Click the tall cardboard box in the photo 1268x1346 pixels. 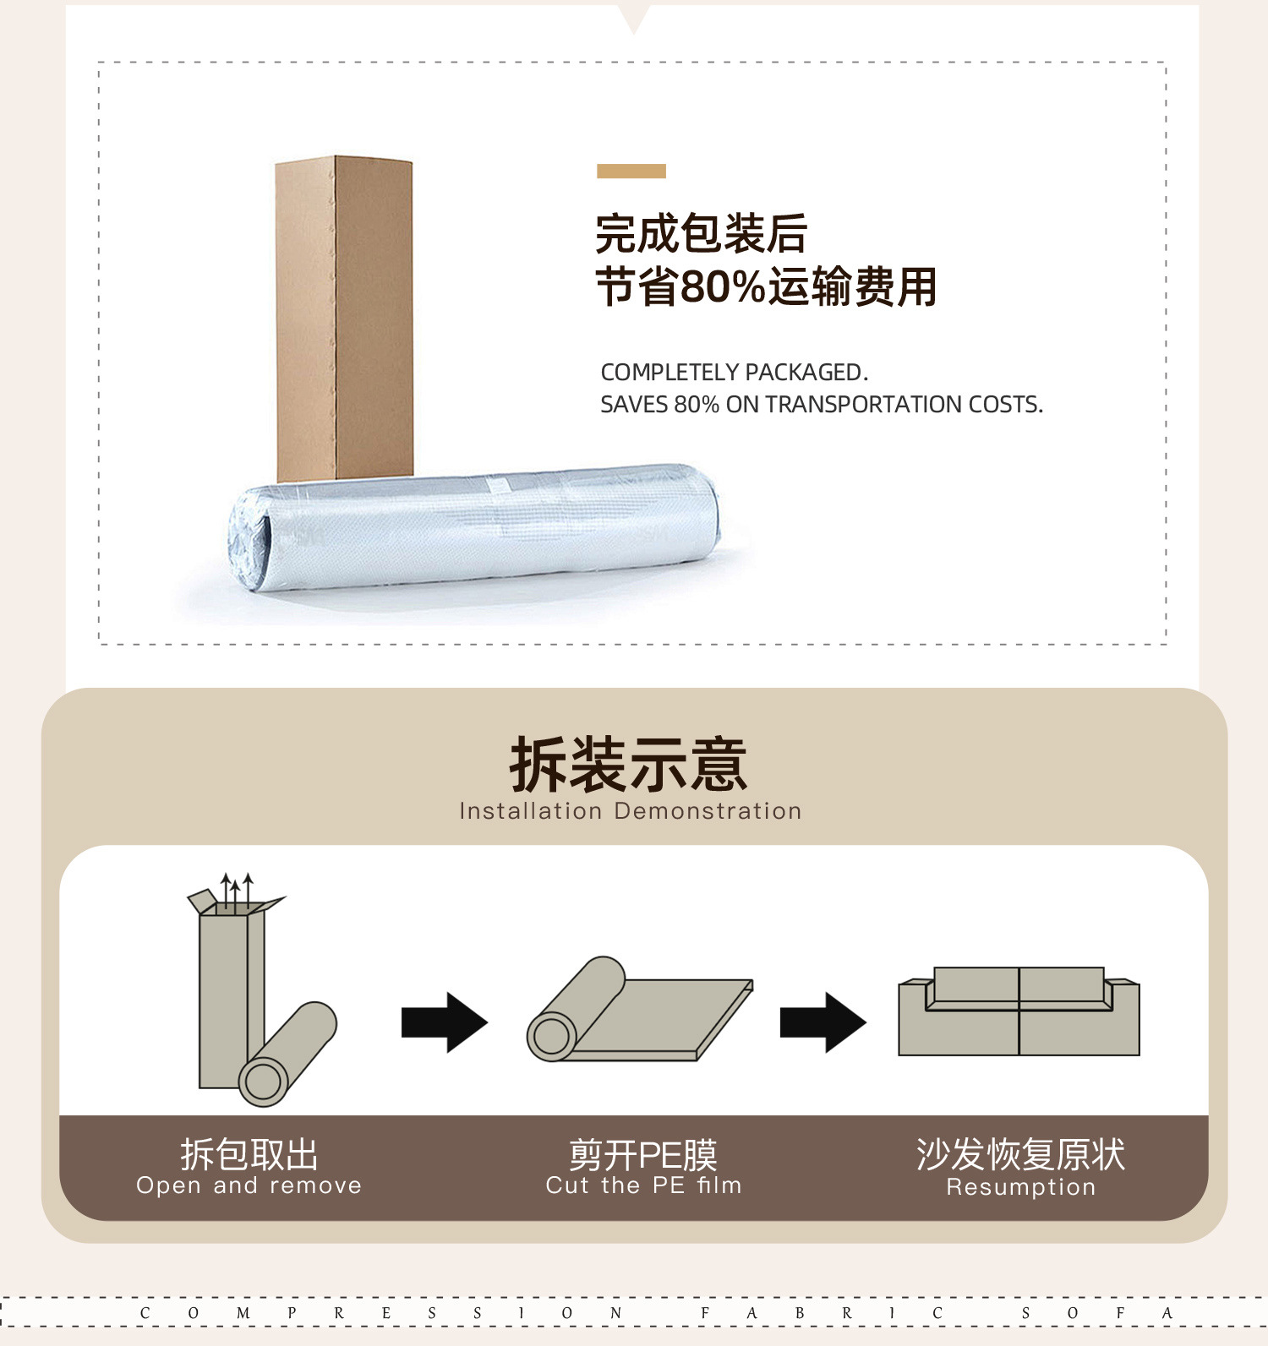tap(344, 319)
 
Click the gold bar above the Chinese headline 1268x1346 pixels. tap(631, 172)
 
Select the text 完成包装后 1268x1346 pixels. tap(702, 234)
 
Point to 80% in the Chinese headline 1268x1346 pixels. tap(724, 286)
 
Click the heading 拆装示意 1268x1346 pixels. tap(629, 765)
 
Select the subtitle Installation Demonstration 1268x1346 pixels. tap(631, 811)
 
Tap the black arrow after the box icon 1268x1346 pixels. tap(445, 1022)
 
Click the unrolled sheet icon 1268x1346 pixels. tap(640, 1011)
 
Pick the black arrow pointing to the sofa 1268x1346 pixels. tap(823, 1022)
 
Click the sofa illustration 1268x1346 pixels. tap(1019, 1011)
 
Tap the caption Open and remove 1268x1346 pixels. tap(249, 1185)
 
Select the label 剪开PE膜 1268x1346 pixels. tap(643, 1154)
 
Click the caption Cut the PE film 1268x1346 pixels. tap(644, 1185)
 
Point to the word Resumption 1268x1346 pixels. tap(1021, 1187)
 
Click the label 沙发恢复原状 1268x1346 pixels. tap(1021, 1154)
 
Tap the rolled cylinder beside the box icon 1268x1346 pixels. tap(287, 1054)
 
